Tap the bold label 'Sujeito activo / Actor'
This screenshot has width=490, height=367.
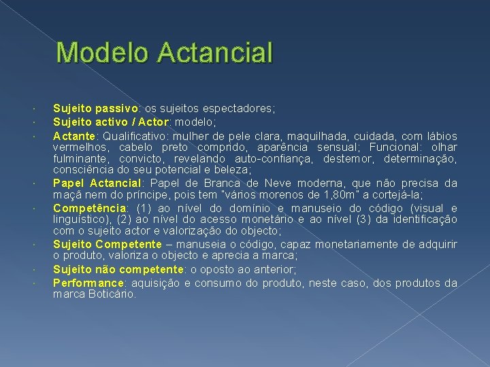pyautogui.click(x=112, y=122)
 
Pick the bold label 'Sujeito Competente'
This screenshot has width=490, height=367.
pyautogui.click(x=107, y=244)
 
